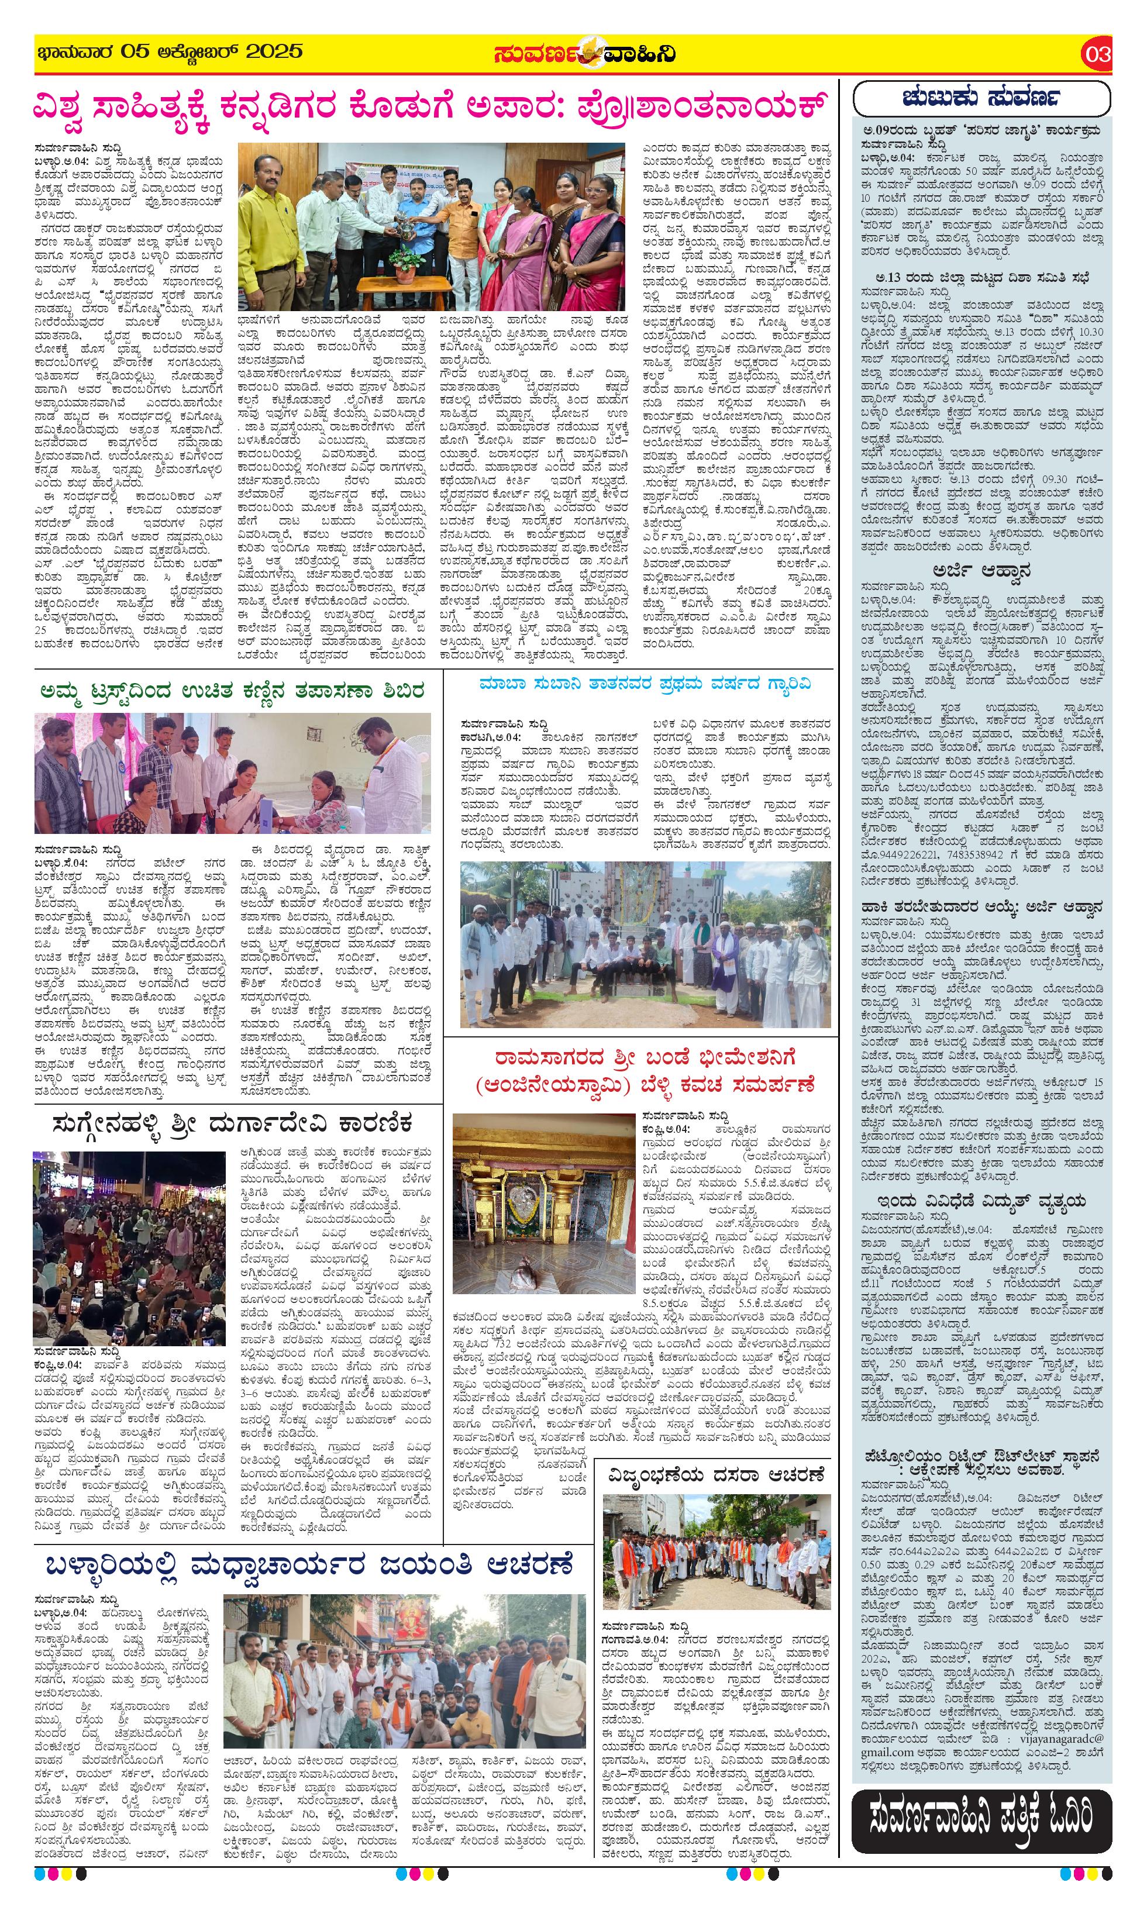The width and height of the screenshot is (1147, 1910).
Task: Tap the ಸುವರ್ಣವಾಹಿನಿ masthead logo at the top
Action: tap(585, 54)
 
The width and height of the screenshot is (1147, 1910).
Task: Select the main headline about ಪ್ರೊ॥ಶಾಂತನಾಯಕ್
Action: tap(430, 106)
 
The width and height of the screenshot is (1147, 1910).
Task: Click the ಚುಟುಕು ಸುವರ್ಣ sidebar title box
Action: tap(981, 98)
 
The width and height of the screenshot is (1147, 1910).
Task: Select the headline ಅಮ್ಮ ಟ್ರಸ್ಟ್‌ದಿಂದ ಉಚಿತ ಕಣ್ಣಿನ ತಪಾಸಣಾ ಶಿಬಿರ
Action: tap(232, 691)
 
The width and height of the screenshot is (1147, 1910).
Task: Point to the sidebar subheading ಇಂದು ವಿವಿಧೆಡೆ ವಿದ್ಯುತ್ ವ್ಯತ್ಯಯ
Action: tap(981, 1201)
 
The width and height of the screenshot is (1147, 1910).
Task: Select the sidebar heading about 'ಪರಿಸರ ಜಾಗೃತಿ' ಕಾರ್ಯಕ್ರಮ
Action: tap(981, 132)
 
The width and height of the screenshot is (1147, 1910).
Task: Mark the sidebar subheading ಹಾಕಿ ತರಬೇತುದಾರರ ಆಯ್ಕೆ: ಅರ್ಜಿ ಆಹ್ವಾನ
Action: tap(981, 908)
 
